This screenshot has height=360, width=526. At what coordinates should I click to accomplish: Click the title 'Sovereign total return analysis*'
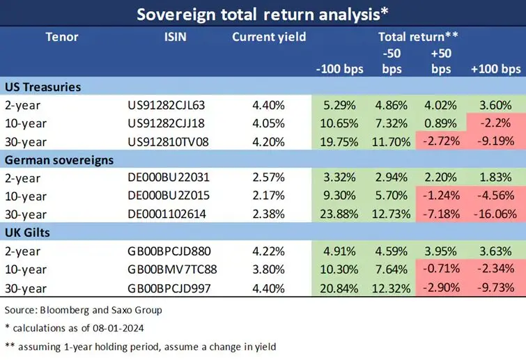[x=263, y=15]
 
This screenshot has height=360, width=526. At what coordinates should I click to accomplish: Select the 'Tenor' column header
[x=62, y=37]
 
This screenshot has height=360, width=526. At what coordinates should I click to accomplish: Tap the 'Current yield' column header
[x=269, y=37]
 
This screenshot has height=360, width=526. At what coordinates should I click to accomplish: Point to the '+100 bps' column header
[x=495, y=69]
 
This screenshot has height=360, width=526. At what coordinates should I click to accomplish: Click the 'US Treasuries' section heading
[x=42, y=88]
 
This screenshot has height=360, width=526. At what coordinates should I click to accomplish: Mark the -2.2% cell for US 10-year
[x=500, y=124]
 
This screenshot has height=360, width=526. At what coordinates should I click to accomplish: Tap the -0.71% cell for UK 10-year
[x=439, y=269]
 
